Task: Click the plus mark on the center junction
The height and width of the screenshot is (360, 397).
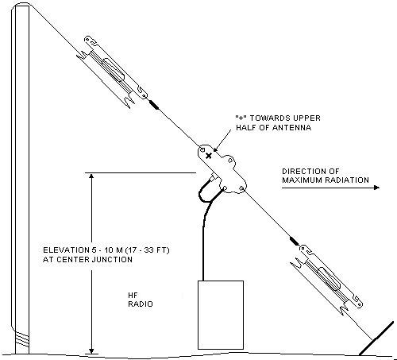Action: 209,156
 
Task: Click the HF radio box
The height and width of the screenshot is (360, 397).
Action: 221,315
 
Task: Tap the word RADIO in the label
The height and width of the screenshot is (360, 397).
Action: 141,304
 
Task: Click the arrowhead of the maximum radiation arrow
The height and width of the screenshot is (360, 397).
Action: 376,188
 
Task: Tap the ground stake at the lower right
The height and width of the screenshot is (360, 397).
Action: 376,339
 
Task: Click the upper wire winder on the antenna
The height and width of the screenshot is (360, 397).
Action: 112,72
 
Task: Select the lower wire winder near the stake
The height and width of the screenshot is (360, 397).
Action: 327,280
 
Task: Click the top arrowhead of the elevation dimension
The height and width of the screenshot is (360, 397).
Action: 91,176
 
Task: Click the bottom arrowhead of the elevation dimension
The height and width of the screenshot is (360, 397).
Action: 91,350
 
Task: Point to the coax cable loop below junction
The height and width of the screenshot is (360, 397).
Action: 209,189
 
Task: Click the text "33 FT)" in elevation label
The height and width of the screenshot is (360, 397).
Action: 158,250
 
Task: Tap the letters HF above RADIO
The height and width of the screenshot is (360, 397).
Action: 133,295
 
